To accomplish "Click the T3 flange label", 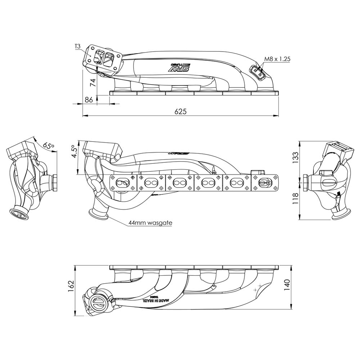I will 78,46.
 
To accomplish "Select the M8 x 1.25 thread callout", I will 277,59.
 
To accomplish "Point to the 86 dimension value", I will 89,100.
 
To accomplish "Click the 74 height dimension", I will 93,82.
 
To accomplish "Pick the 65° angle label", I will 48,145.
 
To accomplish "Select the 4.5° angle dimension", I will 74,152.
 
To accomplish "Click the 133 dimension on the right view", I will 295,157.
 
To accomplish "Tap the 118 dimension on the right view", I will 295,198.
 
